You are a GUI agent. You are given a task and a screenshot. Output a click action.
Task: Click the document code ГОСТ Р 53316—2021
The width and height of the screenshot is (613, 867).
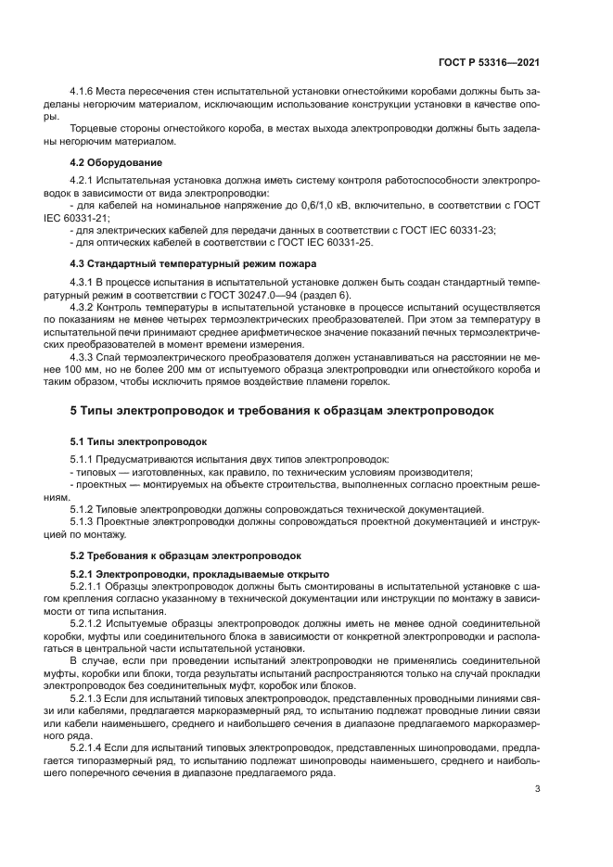(493, 64)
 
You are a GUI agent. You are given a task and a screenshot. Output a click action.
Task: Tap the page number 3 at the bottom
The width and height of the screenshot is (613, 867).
(537, 791)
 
